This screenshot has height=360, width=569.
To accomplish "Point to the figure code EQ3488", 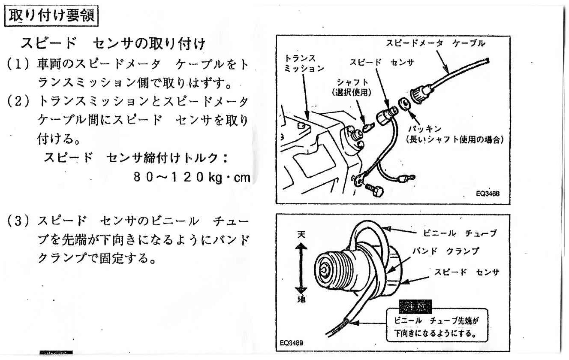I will [488, 194].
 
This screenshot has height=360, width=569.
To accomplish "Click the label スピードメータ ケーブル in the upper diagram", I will [435, 43].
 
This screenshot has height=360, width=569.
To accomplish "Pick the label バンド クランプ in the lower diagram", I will [446, 251].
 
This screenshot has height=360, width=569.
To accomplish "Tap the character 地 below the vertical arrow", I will [301, 299].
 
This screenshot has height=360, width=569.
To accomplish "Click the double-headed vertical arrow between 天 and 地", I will [301, 267].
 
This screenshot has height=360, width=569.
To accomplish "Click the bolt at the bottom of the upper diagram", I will [374, 191].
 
